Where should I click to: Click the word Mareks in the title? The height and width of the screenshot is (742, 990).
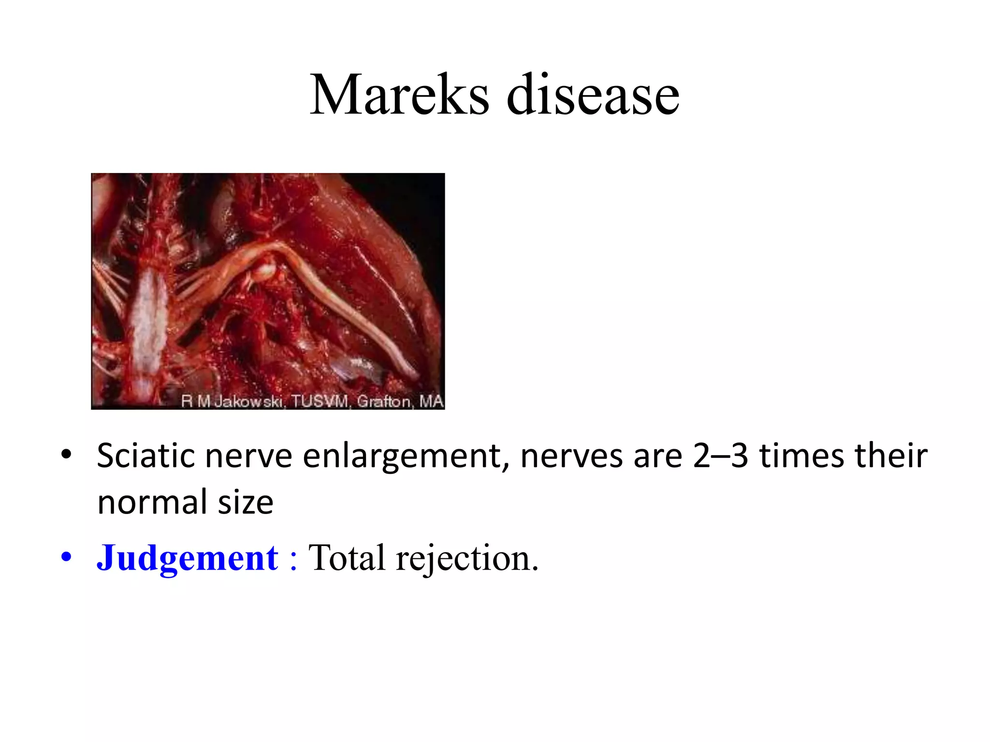coord(399,95)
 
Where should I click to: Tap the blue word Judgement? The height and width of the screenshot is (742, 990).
coord(188,558)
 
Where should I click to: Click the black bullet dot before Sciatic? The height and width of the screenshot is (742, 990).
coord(66,455)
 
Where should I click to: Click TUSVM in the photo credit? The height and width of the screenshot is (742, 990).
coord(320,401)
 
